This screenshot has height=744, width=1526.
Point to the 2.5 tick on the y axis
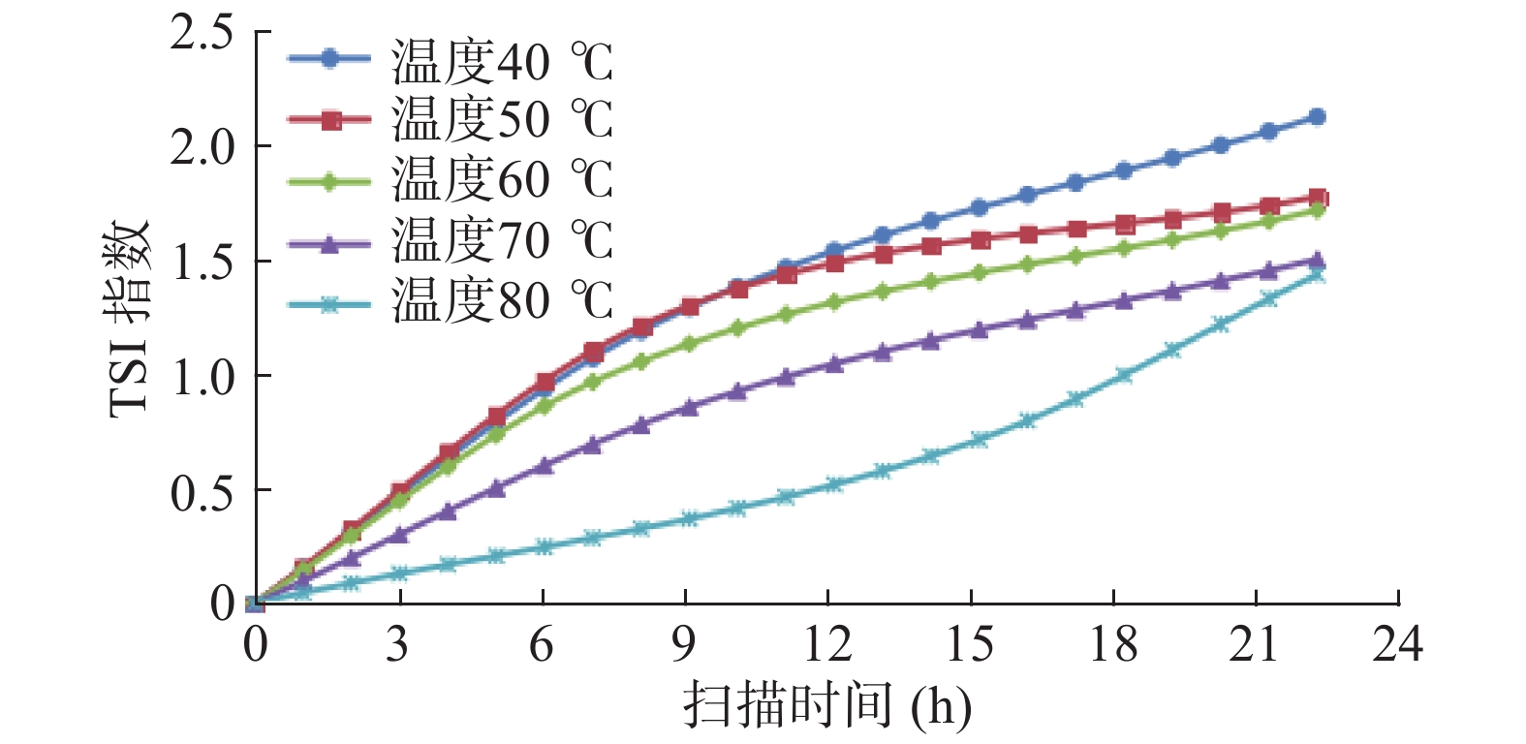[202, 33]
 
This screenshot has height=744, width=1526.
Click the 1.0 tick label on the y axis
[202, 377]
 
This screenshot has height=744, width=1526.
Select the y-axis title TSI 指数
[130, 318]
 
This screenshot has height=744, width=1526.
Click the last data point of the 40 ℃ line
[1317, 116]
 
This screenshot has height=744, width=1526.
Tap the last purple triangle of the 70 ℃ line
[1317, 261]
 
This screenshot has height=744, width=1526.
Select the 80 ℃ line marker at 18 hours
[1124, 375]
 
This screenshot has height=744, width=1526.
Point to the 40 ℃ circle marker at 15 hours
[979, 207]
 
